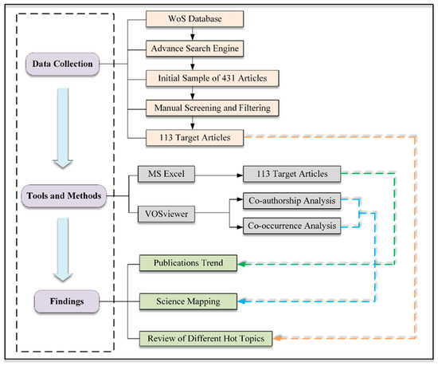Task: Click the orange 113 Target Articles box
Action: coord(193,136)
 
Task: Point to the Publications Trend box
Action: coord(189,262)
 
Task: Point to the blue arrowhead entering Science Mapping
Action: coord(240,301)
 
